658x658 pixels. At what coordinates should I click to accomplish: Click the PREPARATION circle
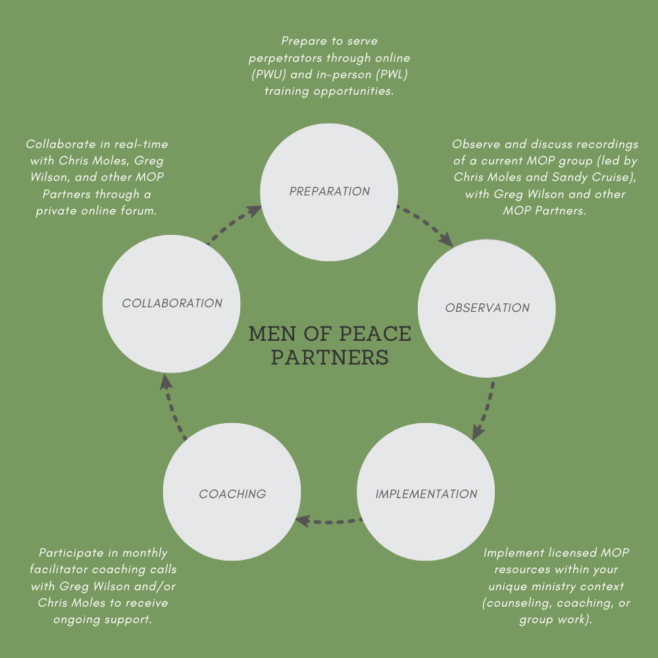pyautogui.click(x=330, y=191)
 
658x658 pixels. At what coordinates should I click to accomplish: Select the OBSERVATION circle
pyautogui.click(x=487, y=308)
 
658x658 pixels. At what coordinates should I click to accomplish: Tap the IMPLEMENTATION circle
pyautogui.click(x=426, y=493)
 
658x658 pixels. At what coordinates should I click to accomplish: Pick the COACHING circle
pyautogui.click(x=232, y=493)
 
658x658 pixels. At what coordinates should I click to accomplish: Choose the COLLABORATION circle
pyautogui.click(x=172, y=303)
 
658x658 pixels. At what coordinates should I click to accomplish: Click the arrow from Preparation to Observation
pyautogui.click(x=425, y=226)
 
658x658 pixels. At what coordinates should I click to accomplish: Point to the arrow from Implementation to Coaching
pyautogui.click(x=328, y=522)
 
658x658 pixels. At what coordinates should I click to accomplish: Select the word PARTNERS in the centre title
pyautogui.click(x=330, y=357)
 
